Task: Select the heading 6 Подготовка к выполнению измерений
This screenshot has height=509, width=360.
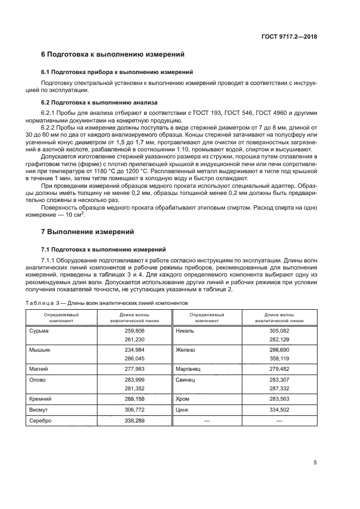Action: [113, 54]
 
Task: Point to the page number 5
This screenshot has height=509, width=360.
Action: [315, 463]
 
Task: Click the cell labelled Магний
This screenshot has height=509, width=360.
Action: [38, 369]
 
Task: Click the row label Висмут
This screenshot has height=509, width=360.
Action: [38, 410]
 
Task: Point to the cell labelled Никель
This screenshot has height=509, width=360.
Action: [186, 330]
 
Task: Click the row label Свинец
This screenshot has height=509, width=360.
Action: [186, 380]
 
